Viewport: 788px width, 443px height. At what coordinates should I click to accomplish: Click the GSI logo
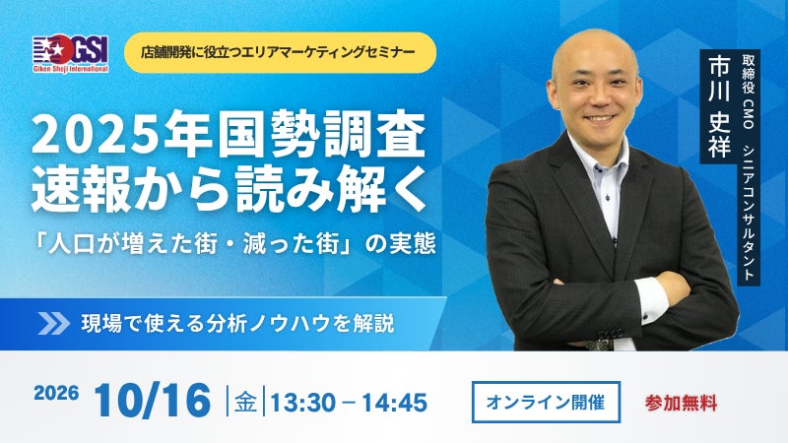(71, 54)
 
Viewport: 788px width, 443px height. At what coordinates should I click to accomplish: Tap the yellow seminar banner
(280, 52)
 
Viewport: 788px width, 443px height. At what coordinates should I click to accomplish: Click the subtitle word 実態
(415, 244)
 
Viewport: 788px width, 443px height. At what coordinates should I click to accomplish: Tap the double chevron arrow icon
(54, 324)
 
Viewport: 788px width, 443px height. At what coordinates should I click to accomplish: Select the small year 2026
(56, 393)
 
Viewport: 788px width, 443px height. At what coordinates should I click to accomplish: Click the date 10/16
(153, 401)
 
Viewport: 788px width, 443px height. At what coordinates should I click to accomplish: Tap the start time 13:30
(303, 403)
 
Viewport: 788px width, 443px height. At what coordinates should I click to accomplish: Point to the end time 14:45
(395, 403)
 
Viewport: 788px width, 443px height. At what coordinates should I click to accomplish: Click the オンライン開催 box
(546, 402)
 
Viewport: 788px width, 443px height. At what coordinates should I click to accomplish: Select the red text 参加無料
(681, 404)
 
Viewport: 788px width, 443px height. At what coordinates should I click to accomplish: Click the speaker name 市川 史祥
(719, 106)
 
